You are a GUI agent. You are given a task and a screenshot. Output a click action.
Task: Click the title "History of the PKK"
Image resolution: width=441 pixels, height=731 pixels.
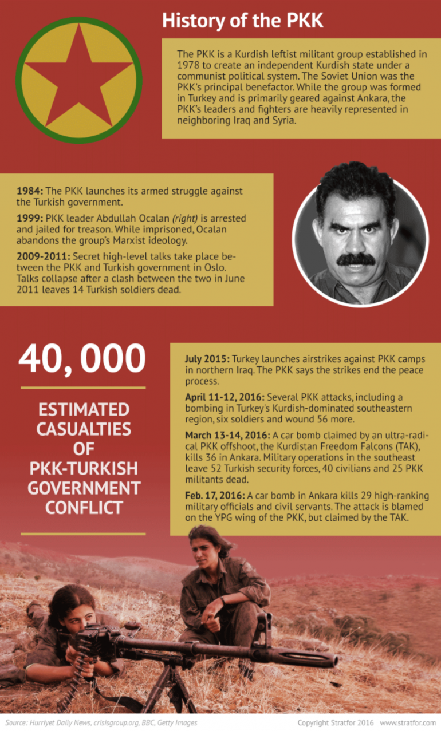click(x=243, y=21)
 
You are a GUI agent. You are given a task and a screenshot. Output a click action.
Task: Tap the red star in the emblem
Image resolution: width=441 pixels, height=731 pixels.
click(x=78, y=80)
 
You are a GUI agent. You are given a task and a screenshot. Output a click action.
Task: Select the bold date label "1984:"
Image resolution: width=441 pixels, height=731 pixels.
click(x=30, y=191)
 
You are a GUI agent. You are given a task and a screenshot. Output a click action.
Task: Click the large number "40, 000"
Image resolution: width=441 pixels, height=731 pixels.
click(x=82, y=359)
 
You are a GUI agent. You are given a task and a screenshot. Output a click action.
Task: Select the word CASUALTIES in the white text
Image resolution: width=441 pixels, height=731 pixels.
click(x=84, y=429)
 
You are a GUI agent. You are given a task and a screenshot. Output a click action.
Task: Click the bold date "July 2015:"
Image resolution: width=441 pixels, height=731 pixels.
click(x=207, y=359)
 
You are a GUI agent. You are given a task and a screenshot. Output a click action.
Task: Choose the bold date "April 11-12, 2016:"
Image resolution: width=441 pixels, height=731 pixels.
click(x=225, y=397)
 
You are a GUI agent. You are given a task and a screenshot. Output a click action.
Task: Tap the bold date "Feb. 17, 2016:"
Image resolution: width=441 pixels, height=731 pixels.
click(x=215, y=496)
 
